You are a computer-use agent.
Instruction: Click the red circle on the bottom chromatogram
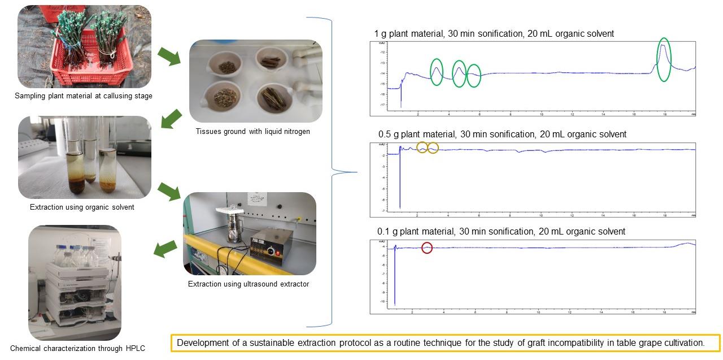pyautogui.click(x=427, y=248)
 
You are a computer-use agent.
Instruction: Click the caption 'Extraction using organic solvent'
pyautogui.click(x=82, y=207)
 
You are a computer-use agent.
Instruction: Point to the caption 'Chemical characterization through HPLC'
pyautogui.click(x=77, y=348)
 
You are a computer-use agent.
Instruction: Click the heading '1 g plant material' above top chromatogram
pyautogui.click(x=494, y=34)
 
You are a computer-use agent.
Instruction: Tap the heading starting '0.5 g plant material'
pyautogui.click(x=502, y=135)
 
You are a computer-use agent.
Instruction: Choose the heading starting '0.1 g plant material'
pyautogui.click(x=501, y=232)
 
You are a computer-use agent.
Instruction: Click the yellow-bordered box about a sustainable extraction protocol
pyautogui.click(x=445, y=343)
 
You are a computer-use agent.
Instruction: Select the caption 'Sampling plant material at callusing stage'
pyautogui.click(x=84, y=96)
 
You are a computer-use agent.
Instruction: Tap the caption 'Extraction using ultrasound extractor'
pyautogui.click(x=249, y=284)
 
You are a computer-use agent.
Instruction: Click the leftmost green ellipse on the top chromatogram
pyautogui.click(x=437, y=72)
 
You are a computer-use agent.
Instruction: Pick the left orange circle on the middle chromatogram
pyautogui.click(x=422, y=148)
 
